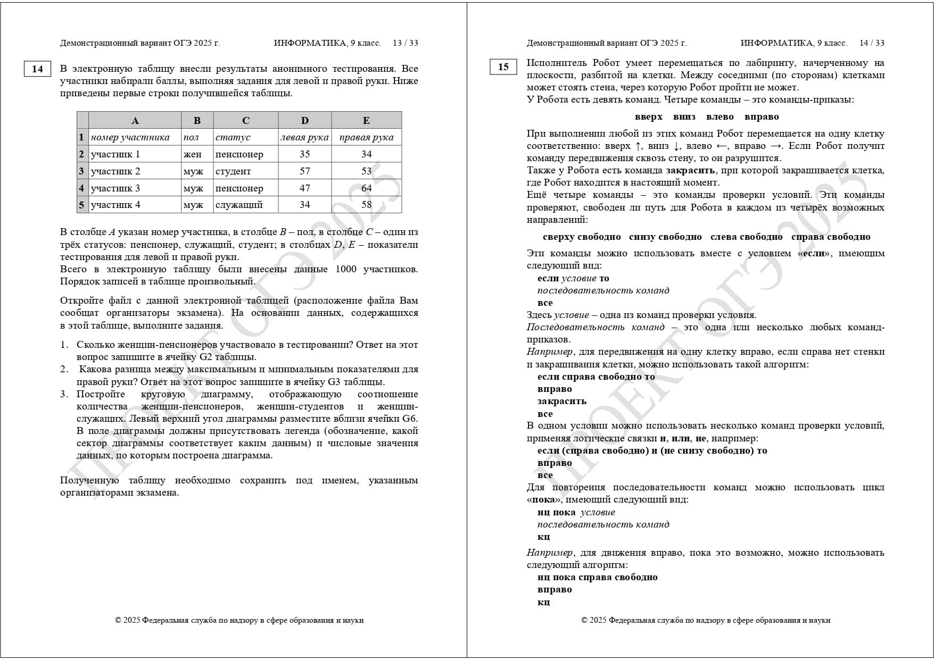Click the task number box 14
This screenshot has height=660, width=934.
click(x=37, y=69)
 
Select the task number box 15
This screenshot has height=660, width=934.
click(x=503, y=67)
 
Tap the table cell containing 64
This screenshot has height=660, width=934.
click(x=366, y=188)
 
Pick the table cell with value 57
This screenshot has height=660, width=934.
click(x=304, y=171)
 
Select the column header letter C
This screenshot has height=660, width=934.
click(x=245, y=121)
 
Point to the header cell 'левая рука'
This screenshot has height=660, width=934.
click(x=304, y=137)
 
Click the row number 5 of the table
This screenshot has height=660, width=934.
click(x=81, y=205)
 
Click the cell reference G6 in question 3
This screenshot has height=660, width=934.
click(x=409, y=419)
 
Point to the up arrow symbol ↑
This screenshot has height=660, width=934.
click(x=639, y=146)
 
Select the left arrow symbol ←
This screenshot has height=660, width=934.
click(x=721, y=146)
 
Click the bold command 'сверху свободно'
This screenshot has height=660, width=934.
click(x=582, y=237)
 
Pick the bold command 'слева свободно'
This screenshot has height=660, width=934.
click(x=746, y=237)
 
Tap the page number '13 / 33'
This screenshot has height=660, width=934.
click(x=405, y=43)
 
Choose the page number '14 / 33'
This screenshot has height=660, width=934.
click(x=872, y=43)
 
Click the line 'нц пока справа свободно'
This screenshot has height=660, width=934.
click(x=597, y=578)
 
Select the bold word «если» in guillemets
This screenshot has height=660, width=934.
click(x=813, y=254)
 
